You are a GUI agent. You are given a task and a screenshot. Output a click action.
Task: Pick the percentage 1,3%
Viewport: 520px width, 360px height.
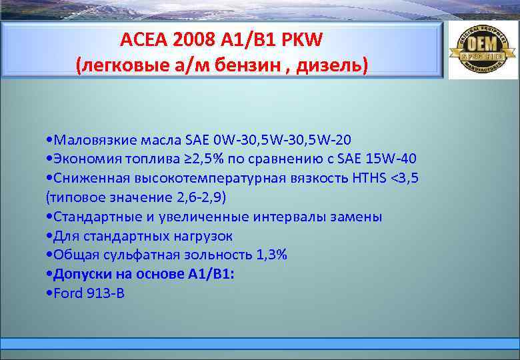(x=270, y=255)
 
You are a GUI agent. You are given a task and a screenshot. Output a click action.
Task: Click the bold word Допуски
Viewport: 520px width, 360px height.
(x=82, y=274)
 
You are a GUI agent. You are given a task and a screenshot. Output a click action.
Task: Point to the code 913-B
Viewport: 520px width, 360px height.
(x=105, y=293)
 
